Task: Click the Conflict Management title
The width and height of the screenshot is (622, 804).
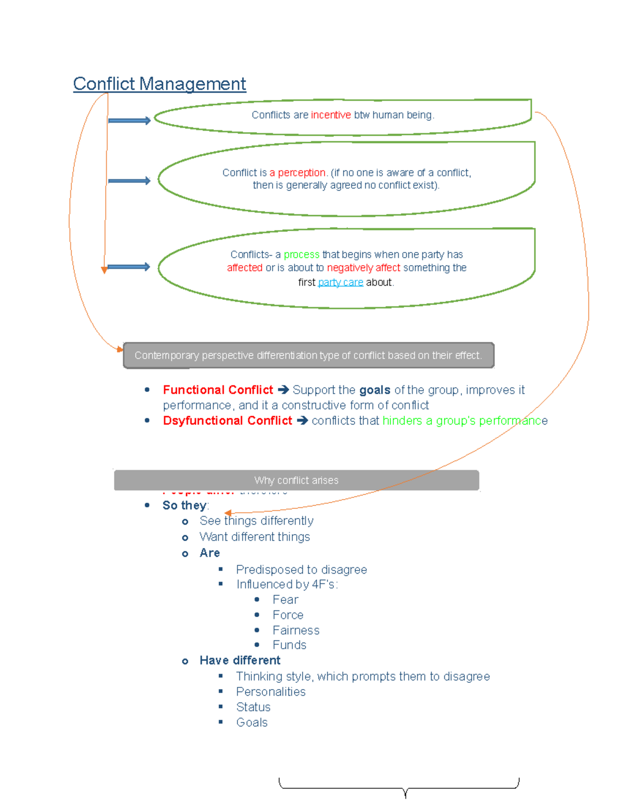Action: pyautogui.click(x=159, y=84)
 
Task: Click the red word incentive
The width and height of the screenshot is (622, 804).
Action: pyautogui.click(x=331, y=115)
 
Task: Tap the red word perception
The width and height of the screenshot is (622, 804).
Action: pyautogui.click(x=302, y=172)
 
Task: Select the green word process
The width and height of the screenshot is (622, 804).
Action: pyautogui.click(x=301, y=255)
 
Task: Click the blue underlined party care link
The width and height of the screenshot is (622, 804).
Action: pyautogui.click(x=340, y=282)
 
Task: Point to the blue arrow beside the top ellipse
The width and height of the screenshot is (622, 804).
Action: pyautogui.click(x=129, y=121)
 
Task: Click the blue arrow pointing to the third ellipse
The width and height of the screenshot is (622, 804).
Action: pyautogui.click(x=129, y=267)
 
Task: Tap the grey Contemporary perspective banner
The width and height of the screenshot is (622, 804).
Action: pyautogui.click(x=308, y=355)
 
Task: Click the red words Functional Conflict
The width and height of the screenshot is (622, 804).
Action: pyautogui.click(x=218, y=390)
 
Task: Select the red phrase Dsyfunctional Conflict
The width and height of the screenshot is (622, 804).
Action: pyautogui.click(x=227, y=420)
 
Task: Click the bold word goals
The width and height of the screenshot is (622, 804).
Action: pyautogui.click(x=374, y=390)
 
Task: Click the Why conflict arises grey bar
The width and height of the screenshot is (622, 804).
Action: pyautogui.click(x=296, y=480)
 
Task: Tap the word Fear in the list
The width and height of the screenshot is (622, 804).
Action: pyautogui.click(x=285, y=600)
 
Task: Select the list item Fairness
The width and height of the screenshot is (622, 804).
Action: pyautogui.click(x=296, y=630)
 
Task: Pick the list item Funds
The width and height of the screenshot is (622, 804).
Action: pyautogui.click(x=289, y=645)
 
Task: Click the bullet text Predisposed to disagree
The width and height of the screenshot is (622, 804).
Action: pyautogui.click(x=301, y=569)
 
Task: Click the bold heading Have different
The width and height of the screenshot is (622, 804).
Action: pyautogui.click(x=239, y=661)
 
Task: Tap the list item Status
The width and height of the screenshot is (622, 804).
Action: pyautogui.click(x=253, y=707)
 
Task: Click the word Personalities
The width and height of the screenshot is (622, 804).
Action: pyautogui.click(x=271, y=692)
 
